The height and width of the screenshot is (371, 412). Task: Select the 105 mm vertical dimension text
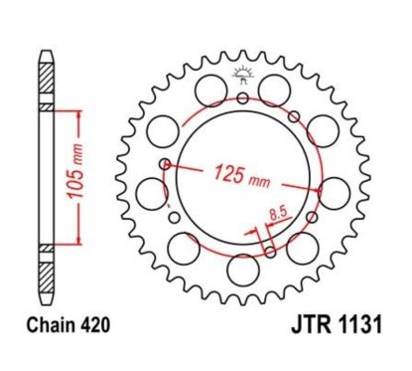point(61,175)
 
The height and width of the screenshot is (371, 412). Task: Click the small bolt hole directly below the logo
point(242,98)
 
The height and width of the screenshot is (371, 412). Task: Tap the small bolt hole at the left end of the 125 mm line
point(165,165)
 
